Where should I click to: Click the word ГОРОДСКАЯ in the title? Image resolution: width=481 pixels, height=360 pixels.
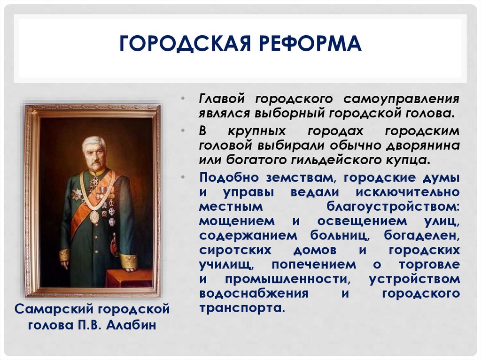183,45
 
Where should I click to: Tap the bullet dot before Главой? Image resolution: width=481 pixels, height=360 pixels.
184,100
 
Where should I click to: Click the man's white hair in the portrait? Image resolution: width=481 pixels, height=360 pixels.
94,141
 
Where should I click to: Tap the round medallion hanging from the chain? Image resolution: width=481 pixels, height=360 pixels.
94,216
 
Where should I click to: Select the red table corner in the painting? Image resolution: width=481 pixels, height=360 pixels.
129,277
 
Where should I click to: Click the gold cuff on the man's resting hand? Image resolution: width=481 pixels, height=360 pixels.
128,261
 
